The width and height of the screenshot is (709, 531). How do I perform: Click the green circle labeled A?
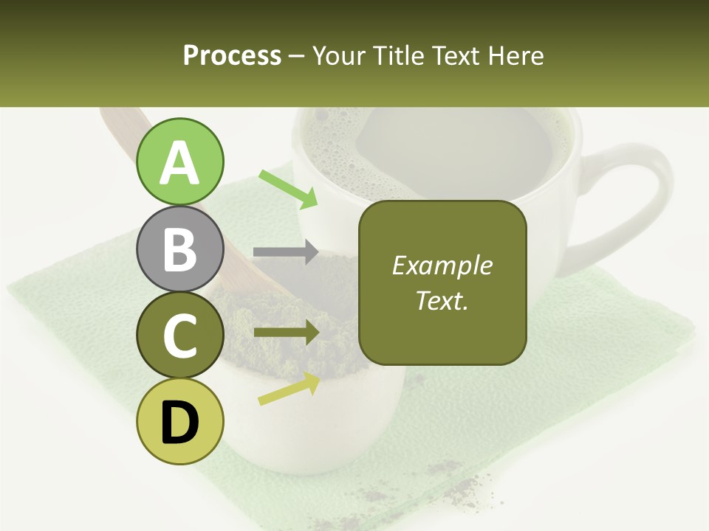point(179,162)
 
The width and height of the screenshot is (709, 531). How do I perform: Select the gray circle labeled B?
point(179,249)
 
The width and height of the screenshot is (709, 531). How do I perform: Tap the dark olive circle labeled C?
point(179,335)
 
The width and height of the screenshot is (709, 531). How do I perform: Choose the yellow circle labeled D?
point(179,421)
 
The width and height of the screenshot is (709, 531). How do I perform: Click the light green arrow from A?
point(288,189)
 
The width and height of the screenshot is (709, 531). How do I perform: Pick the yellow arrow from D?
point(289,389)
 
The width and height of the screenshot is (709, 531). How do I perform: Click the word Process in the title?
point(232,55)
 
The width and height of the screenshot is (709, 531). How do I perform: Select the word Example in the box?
point(442,265)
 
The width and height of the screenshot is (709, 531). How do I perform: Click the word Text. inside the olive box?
point(442,300)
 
